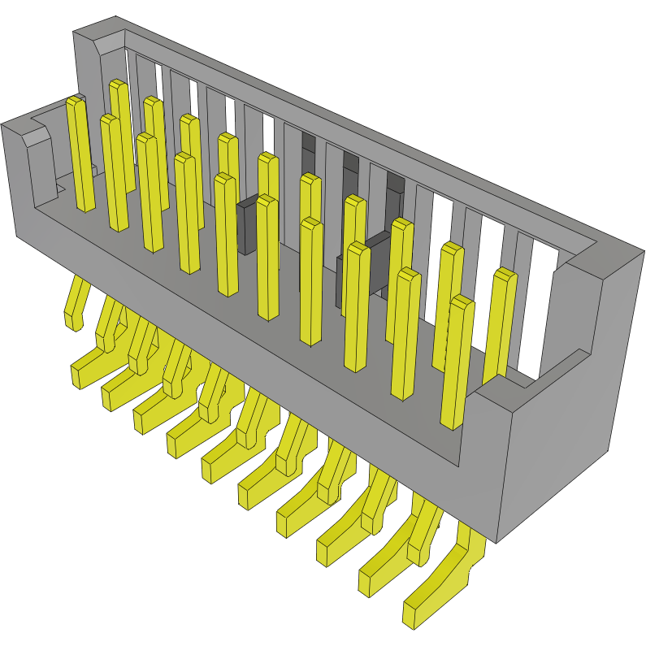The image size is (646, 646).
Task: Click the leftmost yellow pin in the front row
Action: tap(80, 154)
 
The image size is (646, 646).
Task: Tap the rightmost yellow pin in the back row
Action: tap(501, 325)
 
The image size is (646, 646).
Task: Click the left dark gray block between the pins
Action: tap(248, 224)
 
